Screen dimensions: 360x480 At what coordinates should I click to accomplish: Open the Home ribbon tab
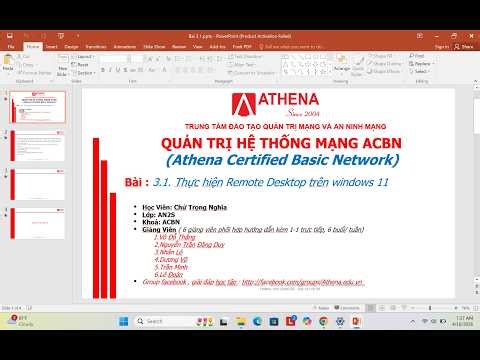click(x=33, y=46)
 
